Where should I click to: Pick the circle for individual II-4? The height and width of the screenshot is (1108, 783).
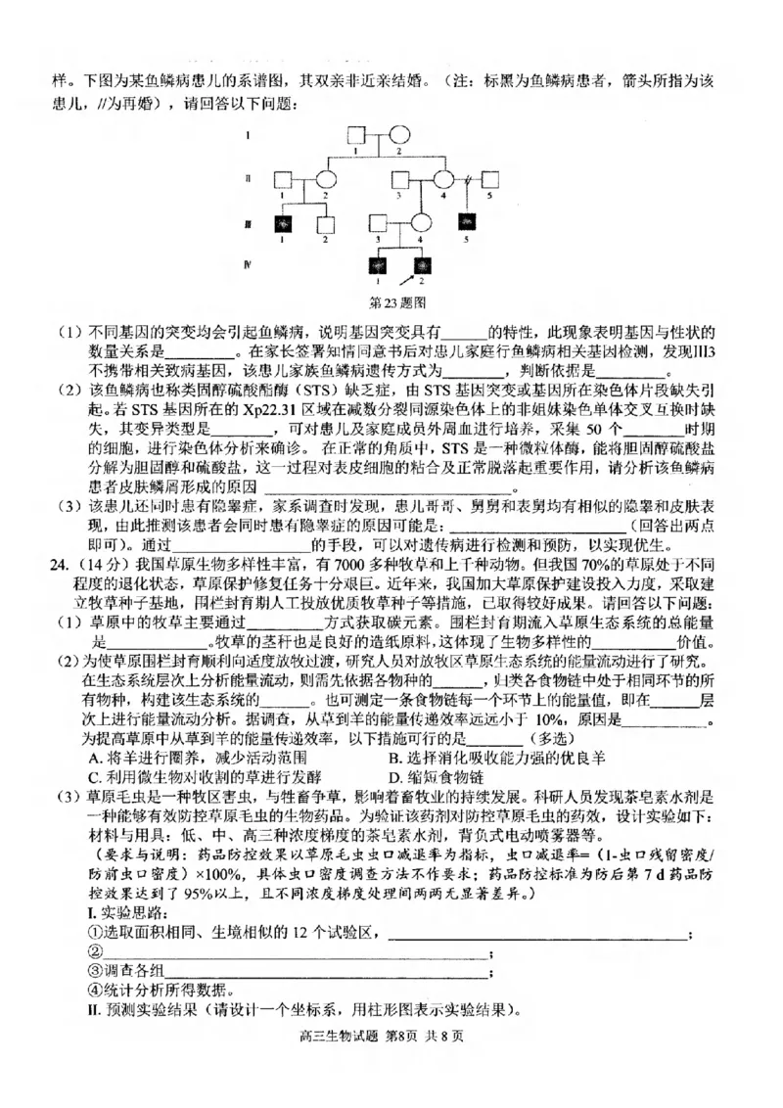(x=442, y=179)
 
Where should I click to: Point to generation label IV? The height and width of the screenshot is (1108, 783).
(x=249, y=265)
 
